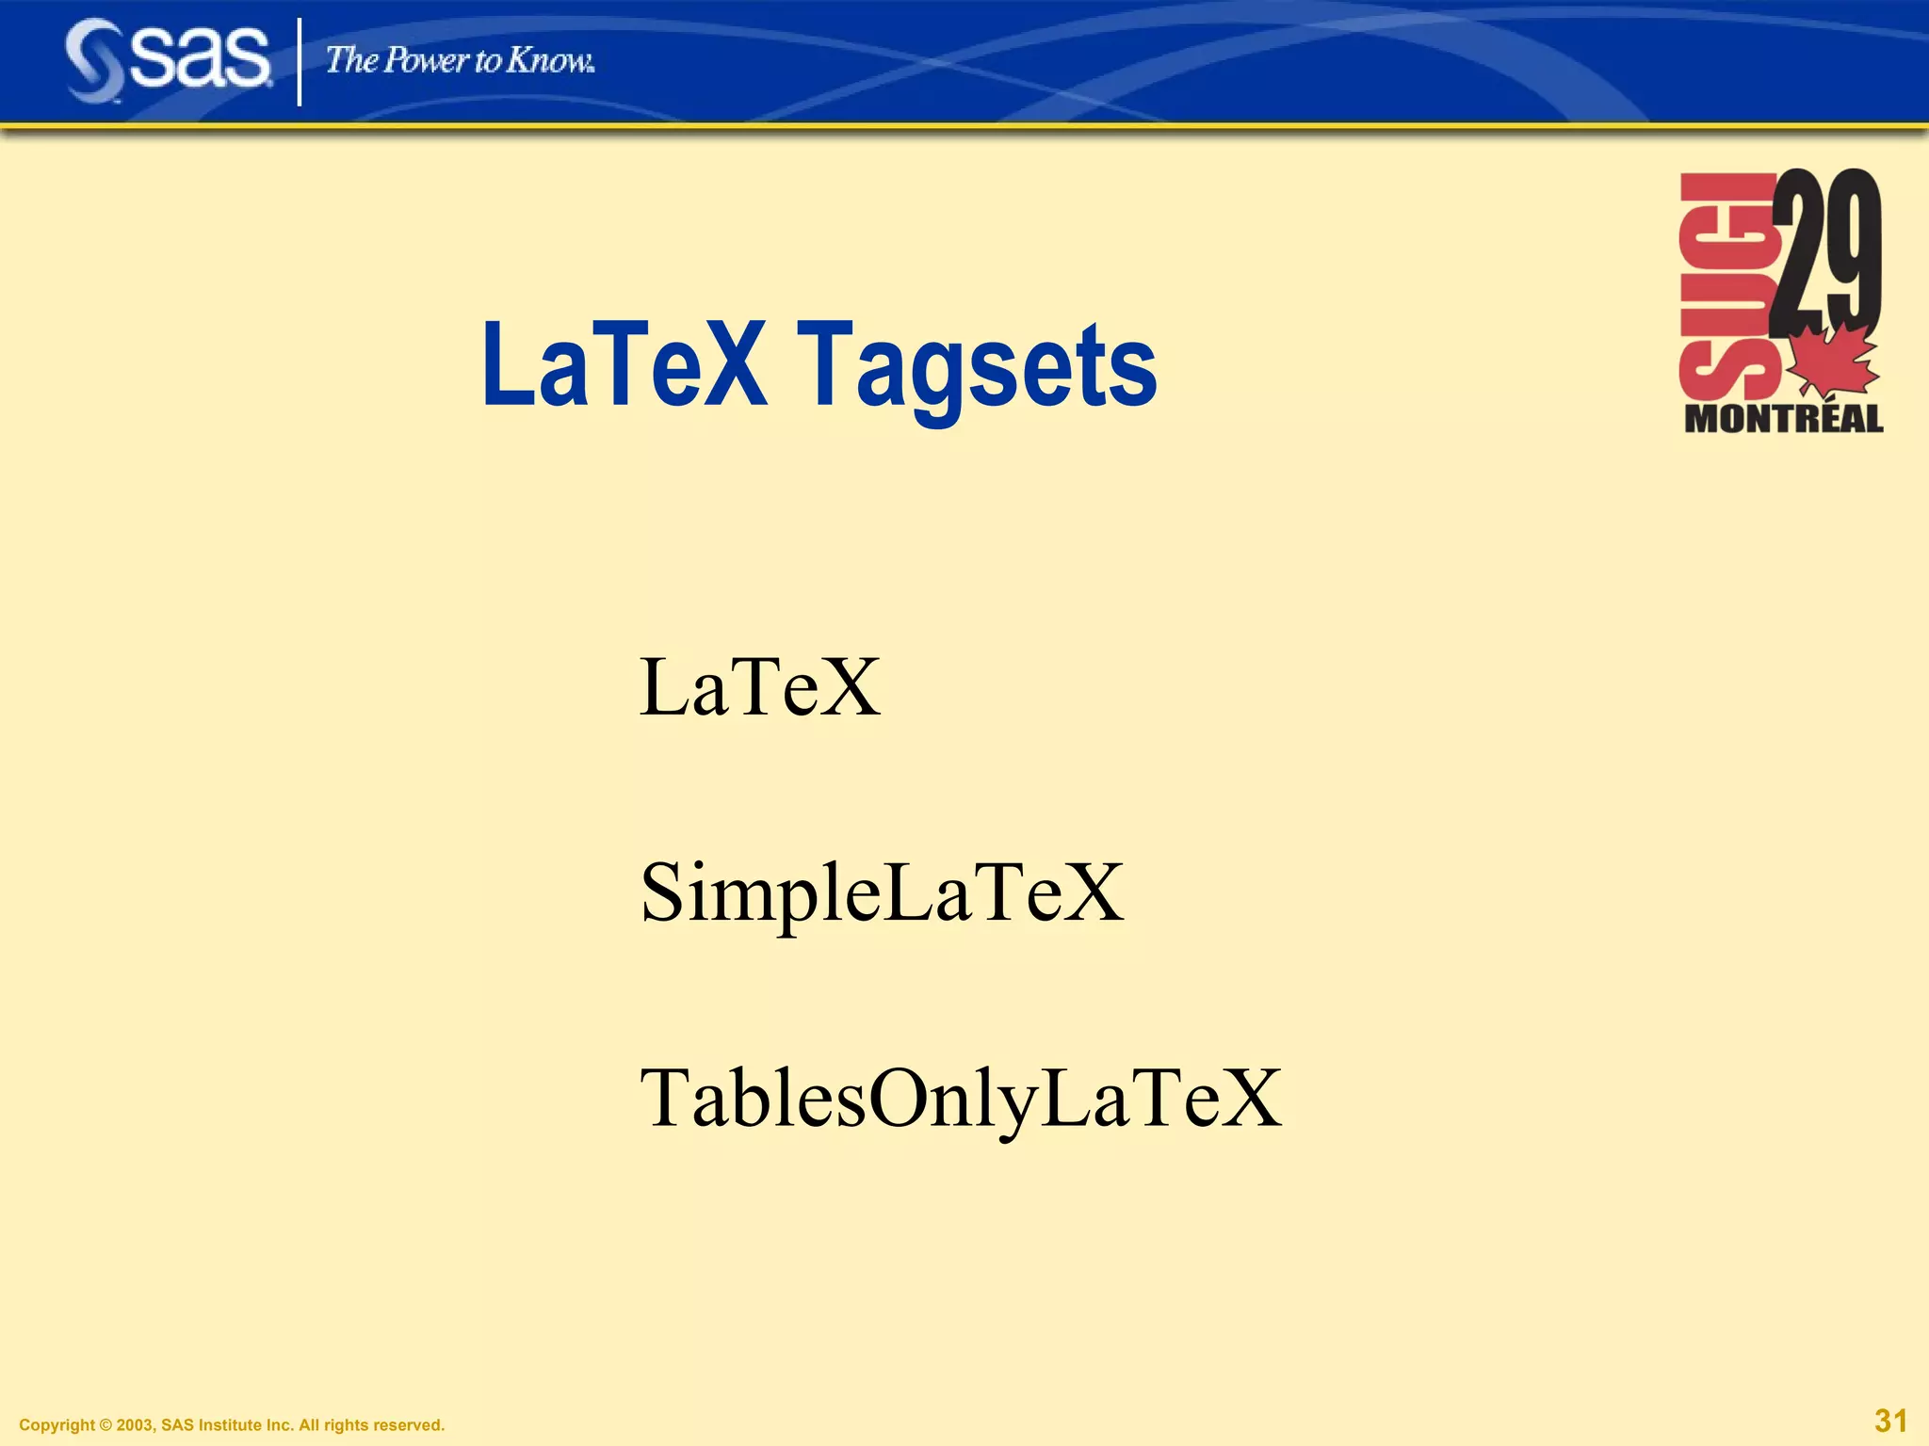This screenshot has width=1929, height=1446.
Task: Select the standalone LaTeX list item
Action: pos(760,687)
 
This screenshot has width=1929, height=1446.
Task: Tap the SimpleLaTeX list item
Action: pos(882,892)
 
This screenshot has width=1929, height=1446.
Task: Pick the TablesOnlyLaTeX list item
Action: pos(960,1098)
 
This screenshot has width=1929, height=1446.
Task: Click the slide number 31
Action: pos(1890,1421)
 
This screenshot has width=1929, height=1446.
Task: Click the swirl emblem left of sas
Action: pos(94,61)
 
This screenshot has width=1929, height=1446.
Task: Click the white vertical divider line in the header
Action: pos(300,62)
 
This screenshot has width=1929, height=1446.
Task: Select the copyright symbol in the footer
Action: pos(105,1425)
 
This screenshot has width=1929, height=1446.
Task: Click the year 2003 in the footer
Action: pos(135,1425)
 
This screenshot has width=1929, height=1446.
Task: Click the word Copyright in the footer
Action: pos(57,1425)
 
